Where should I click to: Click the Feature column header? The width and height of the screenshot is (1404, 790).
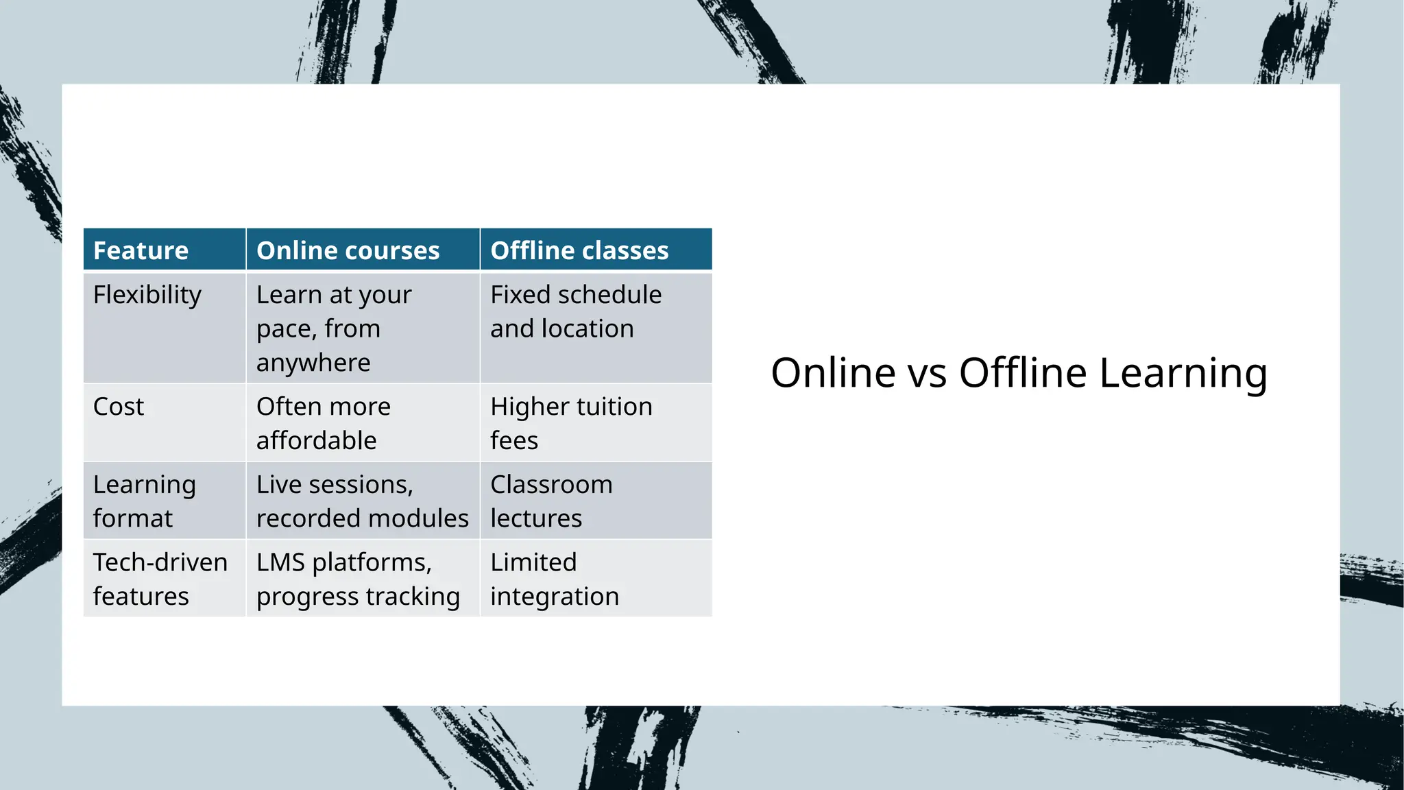point(141,250)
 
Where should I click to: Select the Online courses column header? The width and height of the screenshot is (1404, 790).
point(348,250)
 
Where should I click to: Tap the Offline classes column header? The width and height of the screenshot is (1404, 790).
point(579,250)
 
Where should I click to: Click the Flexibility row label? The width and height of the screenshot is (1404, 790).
point(147,295)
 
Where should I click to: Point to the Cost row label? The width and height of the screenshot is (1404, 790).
point(119,407)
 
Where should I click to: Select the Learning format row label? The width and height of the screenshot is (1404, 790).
point(144,501)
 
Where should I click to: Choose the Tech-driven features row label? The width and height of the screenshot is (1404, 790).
point(160,579)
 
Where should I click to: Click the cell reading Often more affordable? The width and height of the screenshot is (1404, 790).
point(324,423)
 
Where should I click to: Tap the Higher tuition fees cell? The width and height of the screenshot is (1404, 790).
point(571,423)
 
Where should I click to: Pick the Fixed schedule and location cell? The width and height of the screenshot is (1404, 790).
point(576,311)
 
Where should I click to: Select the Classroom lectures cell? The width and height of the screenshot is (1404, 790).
point(551,501)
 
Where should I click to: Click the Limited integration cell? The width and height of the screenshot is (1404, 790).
point(554,579)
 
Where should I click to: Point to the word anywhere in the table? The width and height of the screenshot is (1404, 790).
point(313,363)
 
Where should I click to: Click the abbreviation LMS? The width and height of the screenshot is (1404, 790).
point(280,562)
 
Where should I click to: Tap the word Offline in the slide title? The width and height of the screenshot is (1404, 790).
point(1023,373)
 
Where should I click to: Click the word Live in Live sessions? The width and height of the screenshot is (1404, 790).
point(279,485)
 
